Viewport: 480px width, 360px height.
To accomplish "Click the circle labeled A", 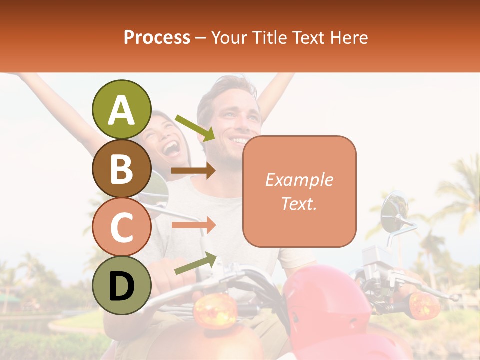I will click(x=122, y=110).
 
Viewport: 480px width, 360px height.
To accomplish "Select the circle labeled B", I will click(x=122, y=168).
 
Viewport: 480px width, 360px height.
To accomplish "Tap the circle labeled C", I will click(x=122, y=227).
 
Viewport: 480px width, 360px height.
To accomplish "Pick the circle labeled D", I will click(x=122, y=286).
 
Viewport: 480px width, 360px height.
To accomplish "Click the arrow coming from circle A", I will click(x=195, y=127).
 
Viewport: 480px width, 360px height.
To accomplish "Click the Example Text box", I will click(x=299, y=191).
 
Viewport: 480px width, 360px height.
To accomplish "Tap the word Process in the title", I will click(x=157, y=37).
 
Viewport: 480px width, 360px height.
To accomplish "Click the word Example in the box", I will click(x=299, y=180).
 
